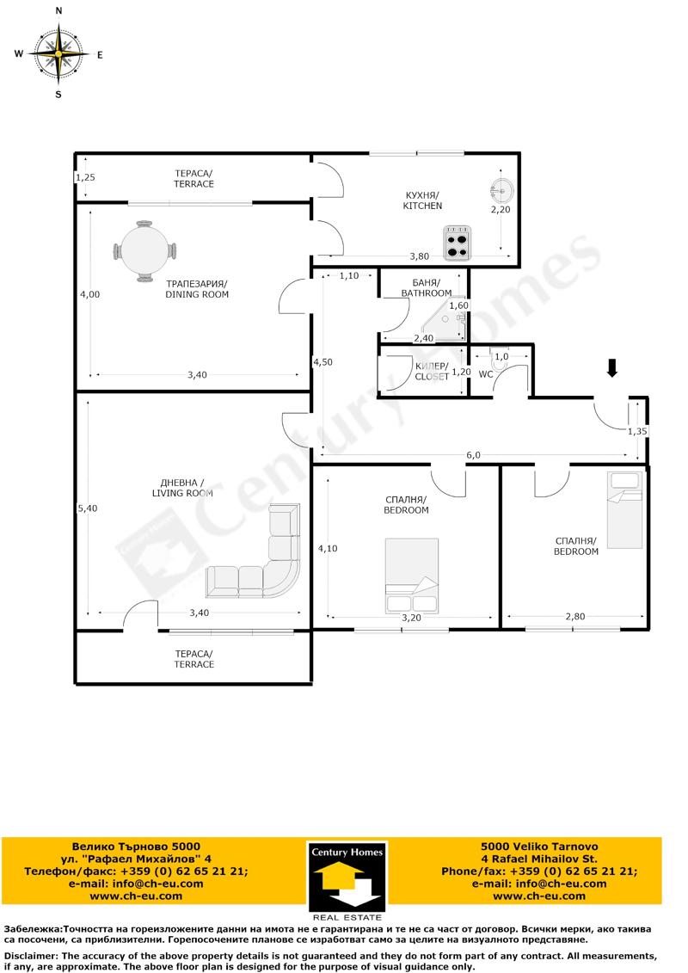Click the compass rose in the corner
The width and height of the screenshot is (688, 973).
click(x=58, y=54)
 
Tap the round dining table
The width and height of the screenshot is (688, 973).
click(x=144, y=251)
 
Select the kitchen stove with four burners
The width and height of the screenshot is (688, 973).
click(x=457, y=243)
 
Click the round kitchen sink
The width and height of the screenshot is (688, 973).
click(x=501, y=188)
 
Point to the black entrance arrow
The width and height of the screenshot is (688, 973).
click(x=612, y=368)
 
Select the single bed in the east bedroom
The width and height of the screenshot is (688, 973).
click(x=624, y=510)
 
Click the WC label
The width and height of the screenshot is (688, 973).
click(x=486, y=374)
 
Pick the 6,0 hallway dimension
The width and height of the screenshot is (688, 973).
click(x=473, y=455)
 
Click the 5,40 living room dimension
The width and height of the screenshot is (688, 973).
click(x=88, y=508)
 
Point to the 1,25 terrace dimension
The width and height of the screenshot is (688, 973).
click(x=85, y=177)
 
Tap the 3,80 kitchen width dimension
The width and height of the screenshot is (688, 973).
click(x=420, y=256)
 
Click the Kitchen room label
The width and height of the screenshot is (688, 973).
click(x=422, y=200)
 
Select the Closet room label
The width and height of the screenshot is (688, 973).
click(x=432, y=371)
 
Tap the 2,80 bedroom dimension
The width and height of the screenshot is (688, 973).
click(x=575, y=616)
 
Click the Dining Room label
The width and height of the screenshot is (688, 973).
click(x=197, y=289)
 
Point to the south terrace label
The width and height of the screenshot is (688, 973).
click(x=193, y=659)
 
